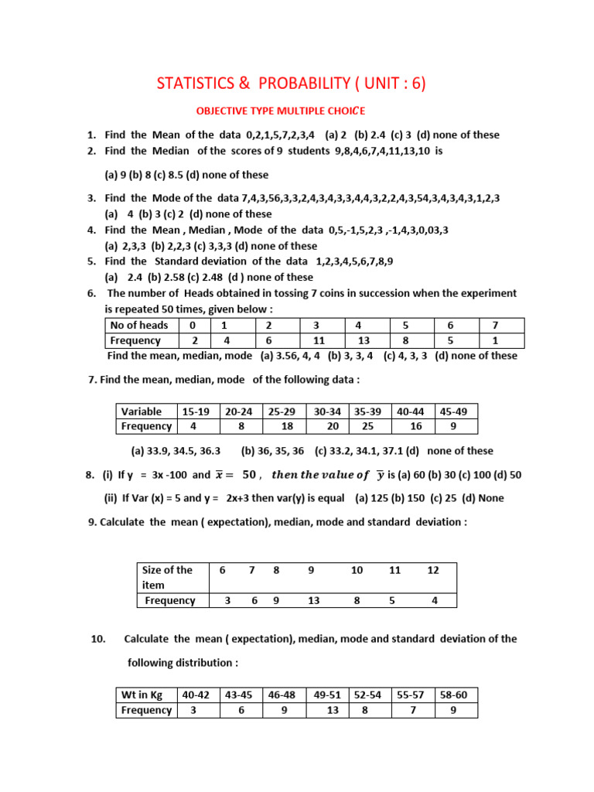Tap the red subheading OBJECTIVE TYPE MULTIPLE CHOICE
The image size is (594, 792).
click(278, 111)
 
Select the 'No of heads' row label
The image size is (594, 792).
click(139, 326)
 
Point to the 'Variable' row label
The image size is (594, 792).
click(142, 411)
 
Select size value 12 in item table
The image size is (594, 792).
click(433, 570)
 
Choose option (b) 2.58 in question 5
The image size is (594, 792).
click(161, 277)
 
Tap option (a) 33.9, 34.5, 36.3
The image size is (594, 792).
click(176, 451)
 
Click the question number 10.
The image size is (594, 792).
click(97, 639)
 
